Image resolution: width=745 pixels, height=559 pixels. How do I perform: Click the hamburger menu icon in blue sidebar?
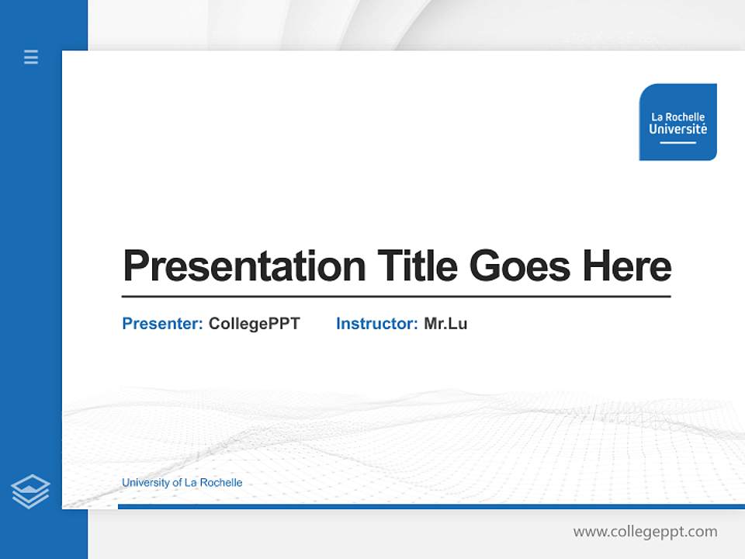point(31,57)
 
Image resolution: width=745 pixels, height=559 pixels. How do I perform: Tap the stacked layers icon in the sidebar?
point(30,491)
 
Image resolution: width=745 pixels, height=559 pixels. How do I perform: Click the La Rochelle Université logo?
point(677,122)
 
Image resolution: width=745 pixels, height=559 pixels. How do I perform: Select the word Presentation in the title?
point(244,266)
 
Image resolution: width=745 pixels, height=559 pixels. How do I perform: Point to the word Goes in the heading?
point(520,266)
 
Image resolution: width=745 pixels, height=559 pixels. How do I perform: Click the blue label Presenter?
point(162,324)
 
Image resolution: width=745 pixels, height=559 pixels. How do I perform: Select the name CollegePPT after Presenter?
point(254,324)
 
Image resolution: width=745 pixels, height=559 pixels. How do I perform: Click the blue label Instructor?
point(376,324)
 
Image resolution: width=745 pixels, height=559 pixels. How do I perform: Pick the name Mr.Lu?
point(445,324)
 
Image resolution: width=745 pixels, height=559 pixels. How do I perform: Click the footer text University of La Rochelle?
point(182,483)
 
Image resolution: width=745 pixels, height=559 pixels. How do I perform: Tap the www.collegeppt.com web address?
point(645,532)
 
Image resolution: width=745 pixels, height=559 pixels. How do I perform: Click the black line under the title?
point(396,297)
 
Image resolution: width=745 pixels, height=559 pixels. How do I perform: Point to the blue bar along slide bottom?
point(431,506)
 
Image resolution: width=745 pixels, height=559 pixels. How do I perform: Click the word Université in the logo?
point(677,130)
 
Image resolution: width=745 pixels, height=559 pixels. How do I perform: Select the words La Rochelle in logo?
point(677,117)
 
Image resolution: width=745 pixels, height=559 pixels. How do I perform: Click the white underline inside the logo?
point(677,143)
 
